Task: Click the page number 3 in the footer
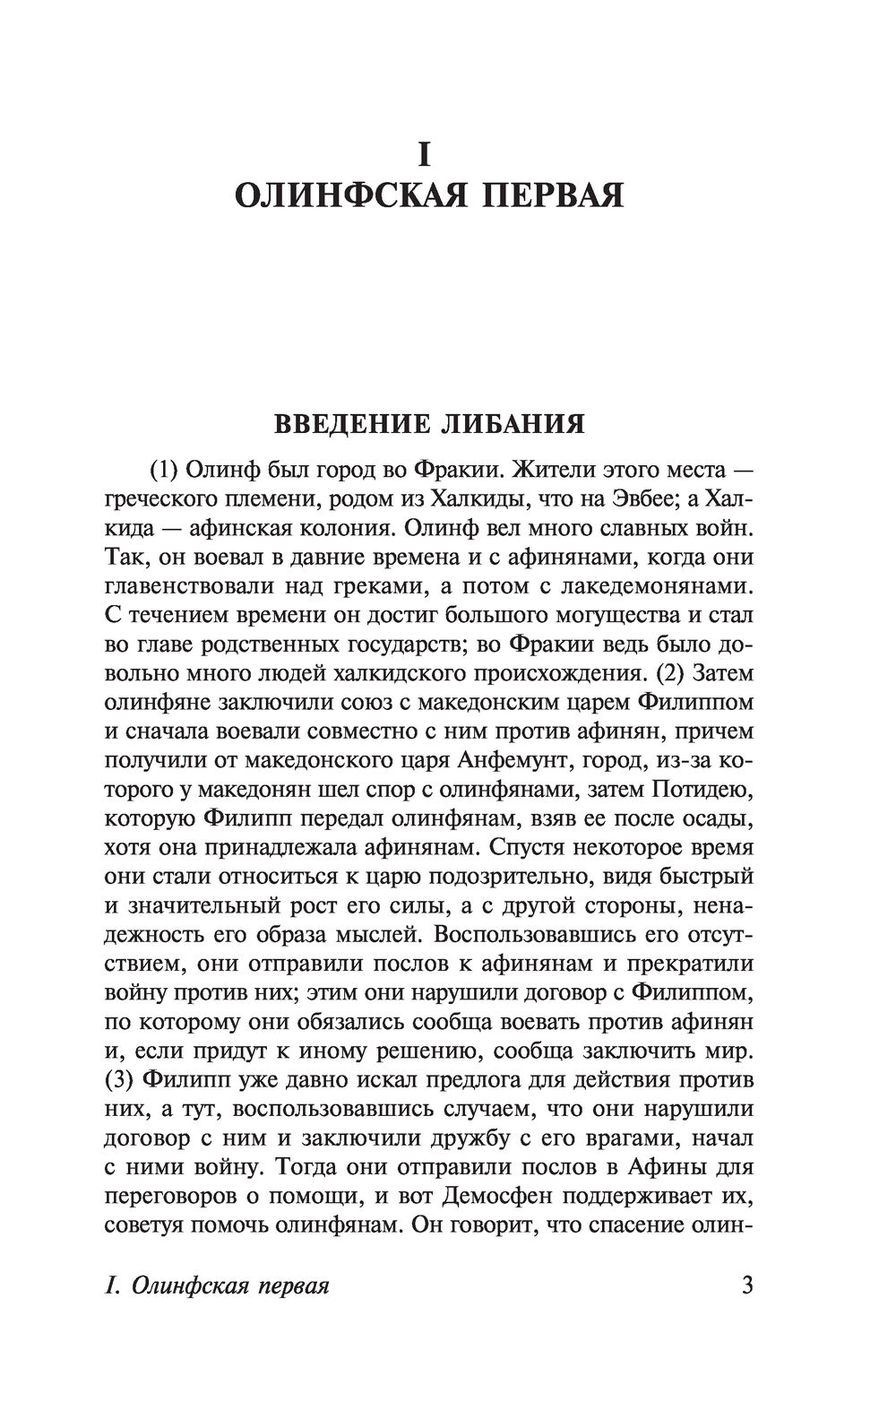747,1285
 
